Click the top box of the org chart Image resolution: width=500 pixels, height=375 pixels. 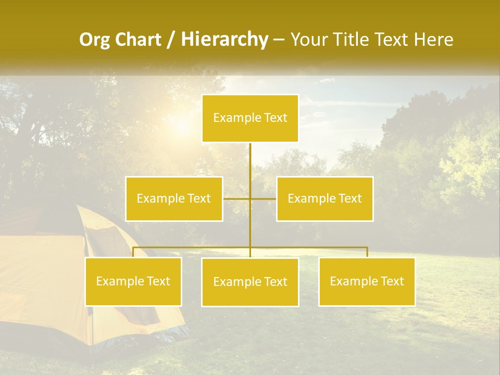[x=250, y=118]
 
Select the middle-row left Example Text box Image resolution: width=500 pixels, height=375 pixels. [x=174, y=198]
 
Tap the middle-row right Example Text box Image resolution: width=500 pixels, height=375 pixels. [x=324, y=198]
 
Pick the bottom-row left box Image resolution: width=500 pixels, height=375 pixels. [x=133, y=281]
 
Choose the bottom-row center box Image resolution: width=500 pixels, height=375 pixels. [x=250, y=282]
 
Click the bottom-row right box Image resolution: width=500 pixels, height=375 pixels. [x=367, y=281]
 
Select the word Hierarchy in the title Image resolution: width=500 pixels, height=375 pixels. [x=224, y=40]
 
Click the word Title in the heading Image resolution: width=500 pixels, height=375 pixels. [x=355, y=40]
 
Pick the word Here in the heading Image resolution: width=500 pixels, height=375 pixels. [x=433, y=40]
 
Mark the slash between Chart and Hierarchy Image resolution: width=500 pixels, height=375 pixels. [x=171, y=40]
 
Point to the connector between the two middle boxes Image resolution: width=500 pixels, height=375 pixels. [x=250, y=198]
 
